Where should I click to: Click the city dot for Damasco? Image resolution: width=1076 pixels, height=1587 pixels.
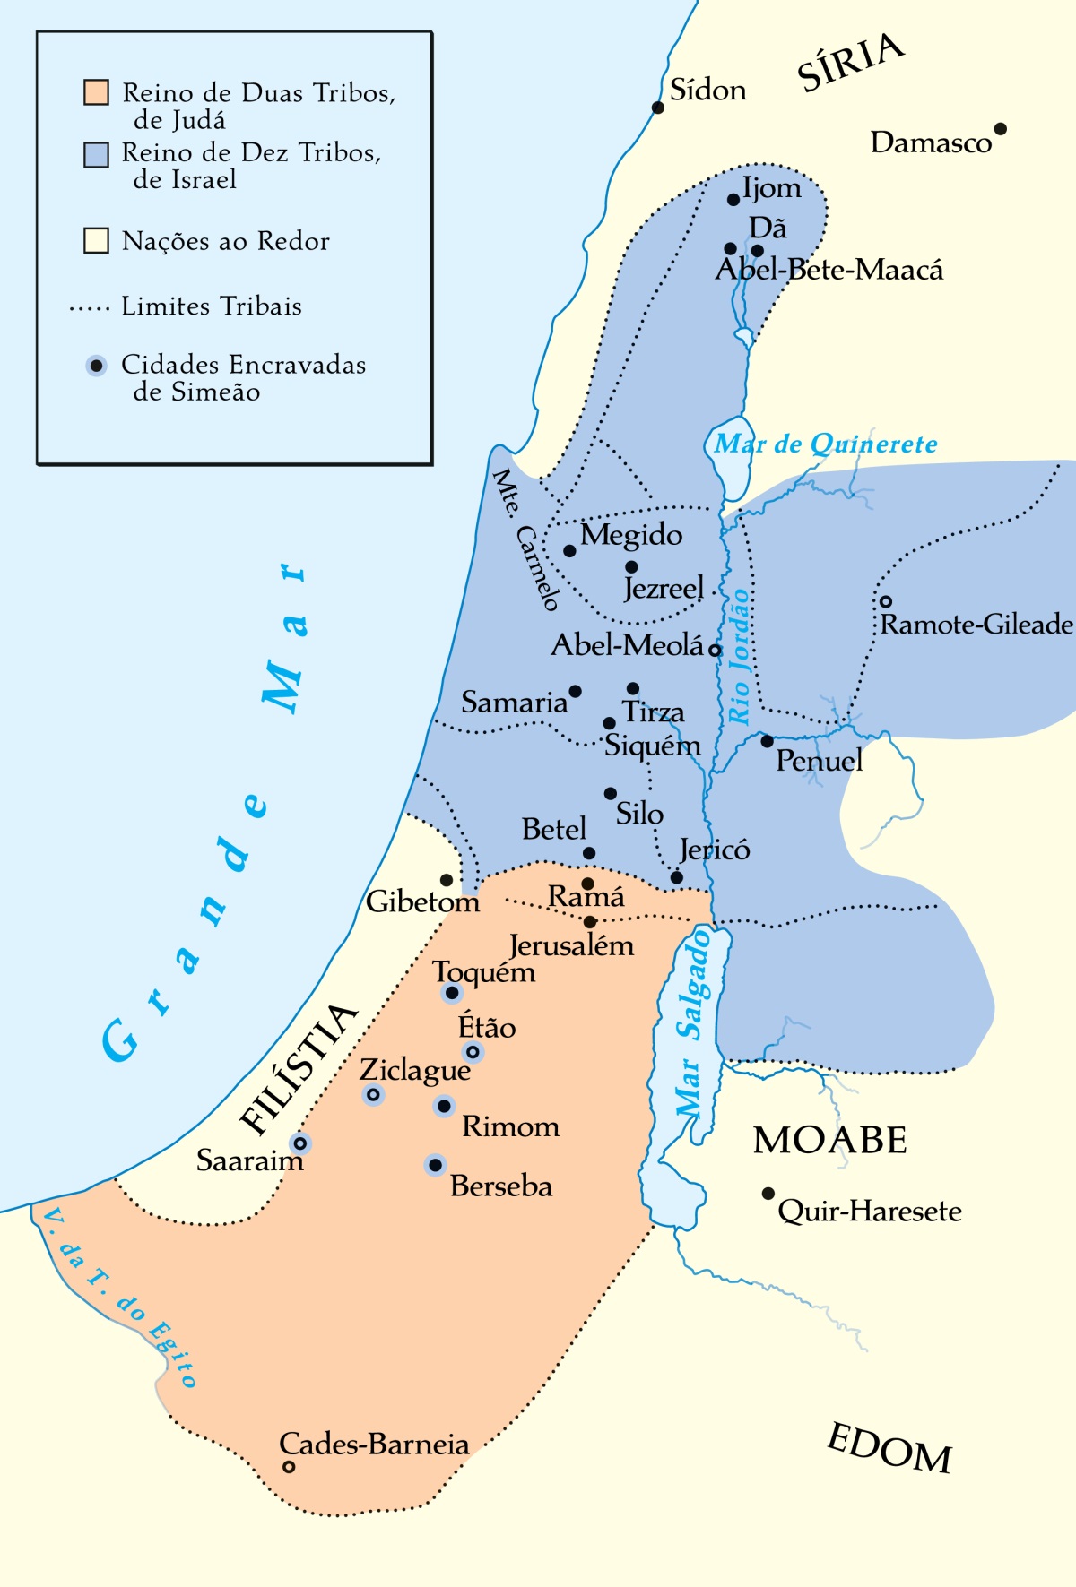[x=1001, y=129]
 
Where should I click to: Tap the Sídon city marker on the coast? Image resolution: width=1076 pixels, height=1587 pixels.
[x=658, y=108]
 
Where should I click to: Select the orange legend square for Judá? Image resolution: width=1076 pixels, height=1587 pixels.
[x=96, y=92]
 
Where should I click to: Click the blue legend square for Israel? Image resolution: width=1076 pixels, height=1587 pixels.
[x=96, y=154]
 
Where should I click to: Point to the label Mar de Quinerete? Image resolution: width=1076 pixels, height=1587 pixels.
[x=825, y=444]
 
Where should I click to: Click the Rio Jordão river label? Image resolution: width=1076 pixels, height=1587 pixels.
[x=739, y=656]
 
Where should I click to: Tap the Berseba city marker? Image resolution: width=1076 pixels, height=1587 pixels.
[x=435, y=1165]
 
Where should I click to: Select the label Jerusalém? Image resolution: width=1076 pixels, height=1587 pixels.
[x=571, y=945]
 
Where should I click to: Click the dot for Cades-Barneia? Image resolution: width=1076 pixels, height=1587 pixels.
[x=289, y=1467]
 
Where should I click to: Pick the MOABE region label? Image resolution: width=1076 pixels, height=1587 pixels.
[x=829, y=1140]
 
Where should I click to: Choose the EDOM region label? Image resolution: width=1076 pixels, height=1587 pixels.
[x=889, y=1449]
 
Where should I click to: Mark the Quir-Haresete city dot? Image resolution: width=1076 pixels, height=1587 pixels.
[x=768, y=1194]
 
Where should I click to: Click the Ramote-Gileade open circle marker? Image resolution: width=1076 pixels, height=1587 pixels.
[x=885, y=601]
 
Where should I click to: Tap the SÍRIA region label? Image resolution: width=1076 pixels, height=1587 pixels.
[x=850, y=62]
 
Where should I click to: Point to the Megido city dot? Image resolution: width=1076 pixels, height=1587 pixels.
[x=569, y=550]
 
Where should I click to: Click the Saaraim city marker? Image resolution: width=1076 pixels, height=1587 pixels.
[x=300, y=1143]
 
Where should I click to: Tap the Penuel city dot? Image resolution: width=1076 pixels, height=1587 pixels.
[x=767, y=741]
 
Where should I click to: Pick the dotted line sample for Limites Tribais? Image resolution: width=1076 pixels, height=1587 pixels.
[x=89, y=307]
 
